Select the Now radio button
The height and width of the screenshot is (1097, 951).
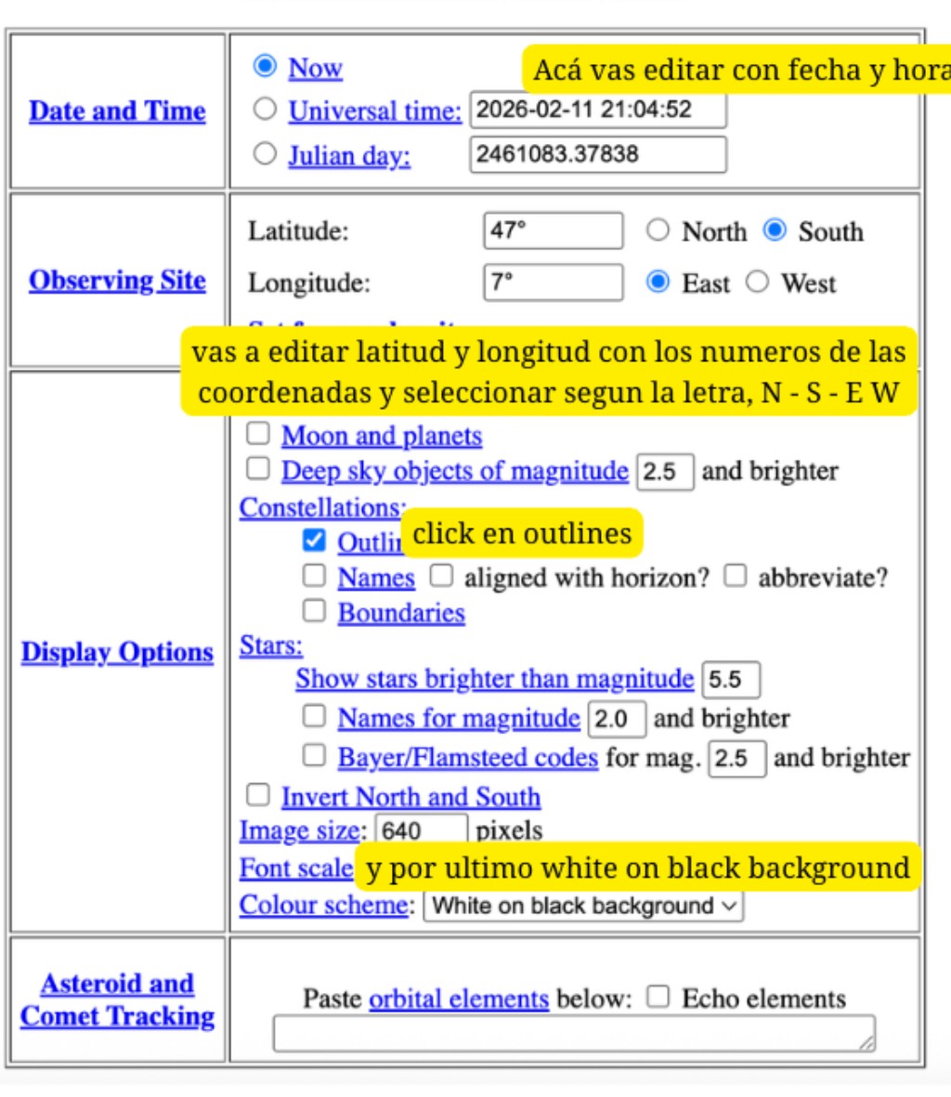coord(266,66)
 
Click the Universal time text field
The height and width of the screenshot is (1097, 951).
coord(597,110)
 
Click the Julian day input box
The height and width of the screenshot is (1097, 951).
coord(597,153)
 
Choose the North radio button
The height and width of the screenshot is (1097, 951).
coord(658,230)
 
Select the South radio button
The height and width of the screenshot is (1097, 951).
coord(775,230)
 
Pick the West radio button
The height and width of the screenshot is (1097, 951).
coord(758,282)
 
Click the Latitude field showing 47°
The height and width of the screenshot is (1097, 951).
coord(553,230)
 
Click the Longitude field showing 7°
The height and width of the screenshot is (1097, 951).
coord(553,282)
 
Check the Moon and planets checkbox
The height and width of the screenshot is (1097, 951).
coord(258,434)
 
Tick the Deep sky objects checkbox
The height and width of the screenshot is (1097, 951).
coord(258,469)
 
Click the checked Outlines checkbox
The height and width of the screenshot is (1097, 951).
coord(315,541)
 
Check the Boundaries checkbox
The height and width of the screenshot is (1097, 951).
coord(315,611)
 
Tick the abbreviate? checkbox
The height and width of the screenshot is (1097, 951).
coord(736,576)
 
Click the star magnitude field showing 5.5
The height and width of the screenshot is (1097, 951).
coord(731,679)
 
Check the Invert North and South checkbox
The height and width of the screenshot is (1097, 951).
coord(258,795)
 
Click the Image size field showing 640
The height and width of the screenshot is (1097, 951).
coord(421,829)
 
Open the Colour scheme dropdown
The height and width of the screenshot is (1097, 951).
coord(583,906)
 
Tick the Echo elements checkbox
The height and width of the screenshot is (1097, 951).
coord(658,998)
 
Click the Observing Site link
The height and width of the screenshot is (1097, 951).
coord(117,281)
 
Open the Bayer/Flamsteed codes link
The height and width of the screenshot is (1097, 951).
coord(467,758)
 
